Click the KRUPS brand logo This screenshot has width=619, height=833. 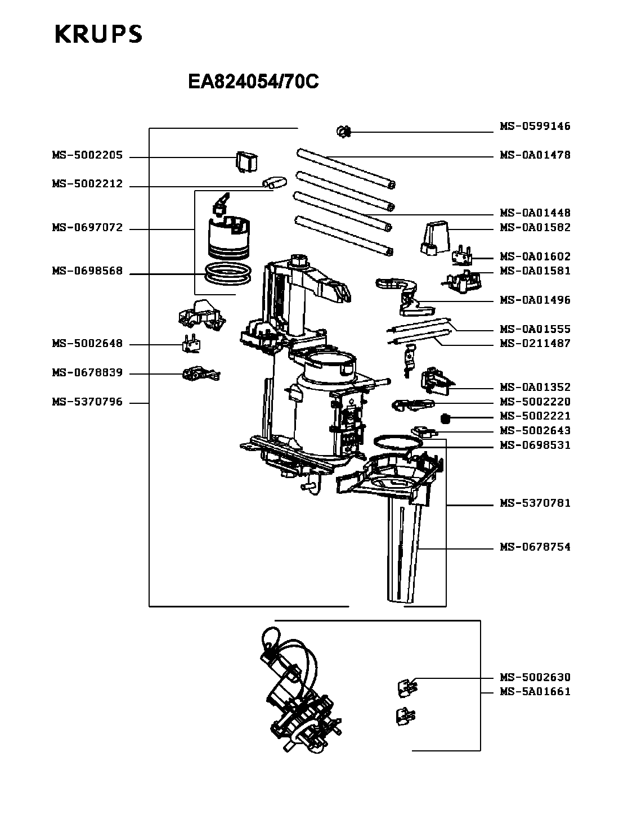click(98, 34)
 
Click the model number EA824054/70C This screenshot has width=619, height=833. click(253, 83)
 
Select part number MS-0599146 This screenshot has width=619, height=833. click(535, 127)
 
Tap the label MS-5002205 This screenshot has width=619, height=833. click(87, 156)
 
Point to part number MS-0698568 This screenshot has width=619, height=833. click(87, 271)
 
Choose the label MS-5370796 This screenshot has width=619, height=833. click(87, 402)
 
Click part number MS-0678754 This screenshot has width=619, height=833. click(535, 547)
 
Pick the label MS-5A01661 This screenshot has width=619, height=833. click(535, 692)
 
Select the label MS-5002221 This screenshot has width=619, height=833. click(535, 416)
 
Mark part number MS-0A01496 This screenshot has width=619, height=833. click(535, 300)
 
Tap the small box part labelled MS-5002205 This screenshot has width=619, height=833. click(246, 162)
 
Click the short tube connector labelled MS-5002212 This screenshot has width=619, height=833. click(274, 182)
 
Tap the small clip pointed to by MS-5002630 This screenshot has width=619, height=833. click(406, 686)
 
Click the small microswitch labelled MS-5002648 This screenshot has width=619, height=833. click(191, 343)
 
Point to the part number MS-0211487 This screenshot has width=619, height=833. click(535, 343)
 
